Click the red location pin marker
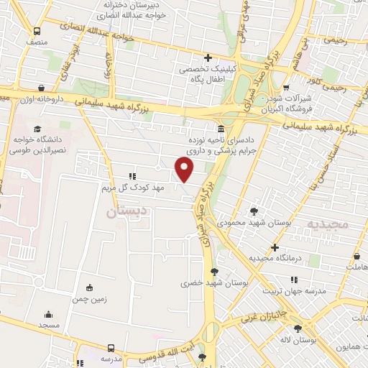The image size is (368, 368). point(185,170)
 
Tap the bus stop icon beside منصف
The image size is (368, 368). point(37,32)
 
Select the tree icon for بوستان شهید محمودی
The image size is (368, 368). point(254,211)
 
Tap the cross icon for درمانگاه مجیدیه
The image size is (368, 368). point(275,247)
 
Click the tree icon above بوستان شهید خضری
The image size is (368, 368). point(214,271)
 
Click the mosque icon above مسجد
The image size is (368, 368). point(48,314)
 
